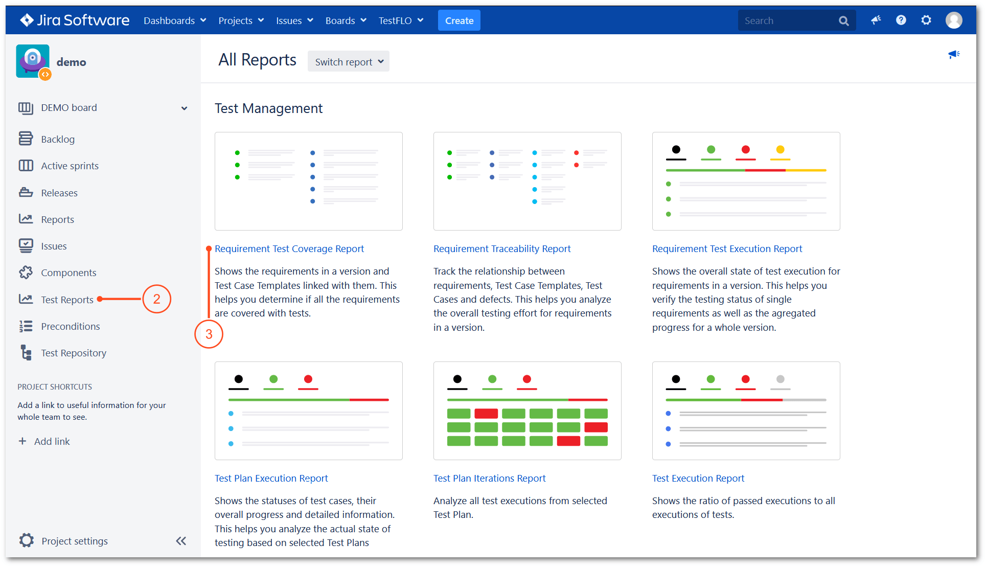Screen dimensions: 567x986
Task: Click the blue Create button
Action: pyautogui.click(x=458, y=21)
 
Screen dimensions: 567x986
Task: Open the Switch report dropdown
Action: pyautogui.click(x=348, y=62)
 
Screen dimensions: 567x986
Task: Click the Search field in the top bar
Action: pyautogui.click(x=787, y=21)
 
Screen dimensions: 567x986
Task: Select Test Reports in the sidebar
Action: pyautogui.click(x=67, y=300)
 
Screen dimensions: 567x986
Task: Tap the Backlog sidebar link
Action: pyautogui.click(x=57, y=139)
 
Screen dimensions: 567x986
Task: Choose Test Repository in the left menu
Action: pyautogui.click(x=73, y=353)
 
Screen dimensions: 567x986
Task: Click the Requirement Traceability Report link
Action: pyautogui.click(x=501, y=248)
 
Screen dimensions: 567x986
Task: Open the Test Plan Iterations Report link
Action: pyautogui.click(x=489, y=478)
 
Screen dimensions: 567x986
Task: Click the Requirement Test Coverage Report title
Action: pyautogui.click(x=289, y=248)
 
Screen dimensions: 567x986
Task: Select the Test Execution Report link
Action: pyautogui.click(x=698, y=478)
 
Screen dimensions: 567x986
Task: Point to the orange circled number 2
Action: pyautogui.click(x=156, y=299)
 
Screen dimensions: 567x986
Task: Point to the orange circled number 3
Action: pyautogui.click(x=209, y=334)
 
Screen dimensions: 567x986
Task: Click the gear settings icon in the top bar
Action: pyautogui.click(x=926, y=20)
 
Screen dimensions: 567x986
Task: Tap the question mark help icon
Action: pyautogui.click(x=901, y=20)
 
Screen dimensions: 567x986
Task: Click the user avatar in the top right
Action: pyautogui.click(x=953, y=20)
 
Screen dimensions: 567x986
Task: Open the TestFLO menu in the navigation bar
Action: pyautogui.click(x=401, y=21)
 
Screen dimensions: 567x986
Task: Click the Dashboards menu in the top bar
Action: pyautogui.click(x=174, y=21)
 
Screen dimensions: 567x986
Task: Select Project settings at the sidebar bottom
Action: pyautogui.click(x=74, y=541)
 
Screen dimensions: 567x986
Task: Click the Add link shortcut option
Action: pyautogui.click(x=52, y=441)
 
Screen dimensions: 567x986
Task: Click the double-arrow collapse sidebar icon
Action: pyautogui.click(x=181, y=541)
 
